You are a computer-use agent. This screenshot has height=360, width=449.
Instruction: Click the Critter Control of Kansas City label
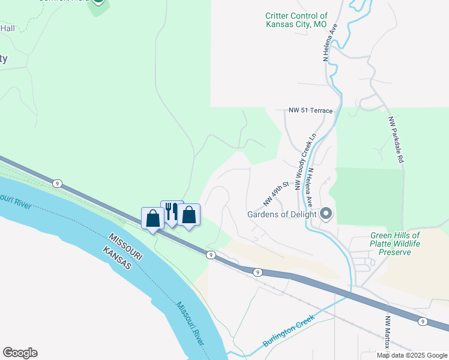(x=297, y=20)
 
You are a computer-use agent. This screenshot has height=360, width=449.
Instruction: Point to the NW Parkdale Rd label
(x=394, y=140)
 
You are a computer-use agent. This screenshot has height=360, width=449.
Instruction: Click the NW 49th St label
(x=276, y=193)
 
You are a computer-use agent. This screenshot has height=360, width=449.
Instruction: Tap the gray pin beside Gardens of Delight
(x=327, y=214)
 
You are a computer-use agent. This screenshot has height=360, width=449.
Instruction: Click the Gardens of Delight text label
(x=282, y=214)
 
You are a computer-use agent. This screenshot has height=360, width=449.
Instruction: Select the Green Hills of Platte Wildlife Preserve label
(x=394, y=244)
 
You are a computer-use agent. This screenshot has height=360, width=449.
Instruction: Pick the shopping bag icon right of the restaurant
(x=189, y=214)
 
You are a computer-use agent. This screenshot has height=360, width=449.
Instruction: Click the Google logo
(x=20, y=353)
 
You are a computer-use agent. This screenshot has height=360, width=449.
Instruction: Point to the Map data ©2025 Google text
(x=412, y=355)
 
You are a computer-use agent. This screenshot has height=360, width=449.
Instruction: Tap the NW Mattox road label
(x=388, y=332)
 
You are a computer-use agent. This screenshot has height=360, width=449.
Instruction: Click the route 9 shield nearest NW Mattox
(x=423, y=322)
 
